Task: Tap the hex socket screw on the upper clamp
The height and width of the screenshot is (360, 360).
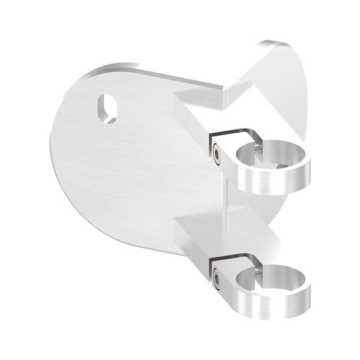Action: coord(215,154)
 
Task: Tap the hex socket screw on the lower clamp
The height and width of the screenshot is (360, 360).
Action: coord(216,278)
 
